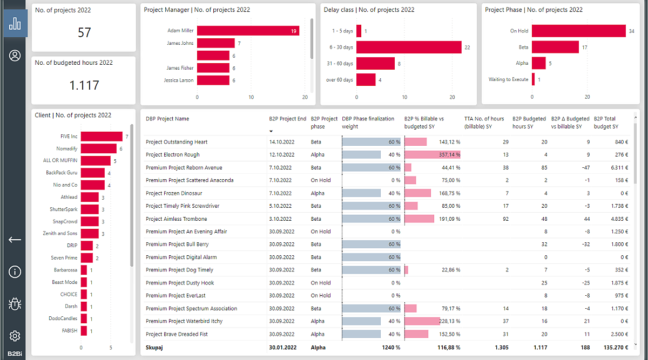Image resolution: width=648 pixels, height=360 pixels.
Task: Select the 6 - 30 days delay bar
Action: (409, 47)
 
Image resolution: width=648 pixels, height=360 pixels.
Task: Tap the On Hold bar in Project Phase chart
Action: (578, 31)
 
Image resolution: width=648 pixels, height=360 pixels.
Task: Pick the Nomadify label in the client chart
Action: (66, 148)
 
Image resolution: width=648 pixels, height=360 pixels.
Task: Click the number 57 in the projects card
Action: (84, 33)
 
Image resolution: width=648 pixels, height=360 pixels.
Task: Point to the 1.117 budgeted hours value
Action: (84, 85)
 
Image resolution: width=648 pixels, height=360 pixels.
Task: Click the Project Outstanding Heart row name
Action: (177, 142)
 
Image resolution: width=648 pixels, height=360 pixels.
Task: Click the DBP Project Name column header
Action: (167, 119)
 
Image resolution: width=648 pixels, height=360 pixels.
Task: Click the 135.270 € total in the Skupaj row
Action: (613, 348)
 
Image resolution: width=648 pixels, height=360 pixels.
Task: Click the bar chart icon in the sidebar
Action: (15, 23)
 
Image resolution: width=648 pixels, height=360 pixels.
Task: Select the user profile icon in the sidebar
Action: (15, 56)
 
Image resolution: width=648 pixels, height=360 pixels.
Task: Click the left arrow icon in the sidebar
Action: (15, 240)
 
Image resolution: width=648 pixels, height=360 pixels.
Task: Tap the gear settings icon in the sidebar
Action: (15, 336)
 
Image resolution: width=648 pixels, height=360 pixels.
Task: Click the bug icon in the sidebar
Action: (15, 304)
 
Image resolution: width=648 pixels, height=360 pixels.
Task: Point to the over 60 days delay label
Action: (340, 80)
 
